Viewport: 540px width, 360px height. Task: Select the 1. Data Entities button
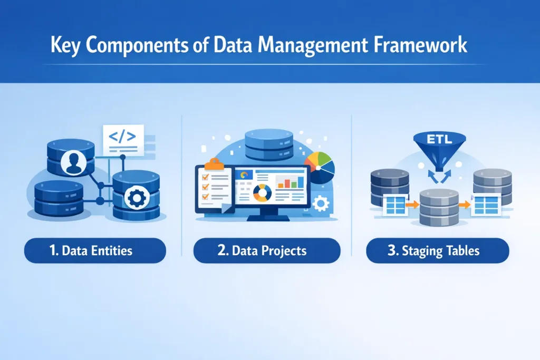coord(95,250)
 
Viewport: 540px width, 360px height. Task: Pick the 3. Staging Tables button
coord(437,250)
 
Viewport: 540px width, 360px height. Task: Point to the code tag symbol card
coord(123,138)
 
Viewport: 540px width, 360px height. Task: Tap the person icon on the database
coord(71,162)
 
